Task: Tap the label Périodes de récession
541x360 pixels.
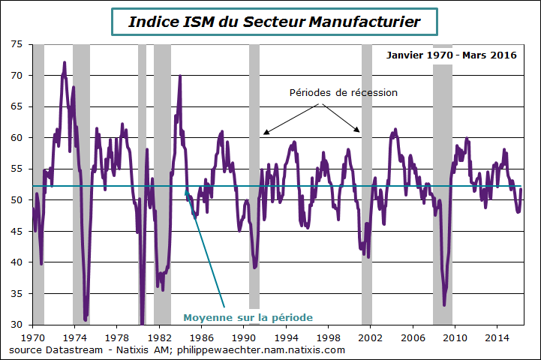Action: [343, 93]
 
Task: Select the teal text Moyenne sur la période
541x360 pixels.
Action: [248, 317]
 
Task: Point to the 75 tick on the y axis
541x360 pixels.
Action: [17, 44]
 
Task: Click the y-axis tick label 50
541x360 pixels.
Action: [17, 200]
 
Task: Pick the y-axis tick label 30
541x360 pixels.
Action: [17, 325]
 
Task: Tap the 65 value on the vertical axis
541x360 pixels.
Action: [17, 106]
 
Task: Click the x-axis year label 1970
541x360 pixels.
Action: [33, 338]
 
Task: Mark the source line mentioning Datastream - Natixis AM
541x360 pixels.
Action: [177, 349]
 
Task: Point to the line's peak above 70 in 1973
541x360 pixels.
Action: [65, 63]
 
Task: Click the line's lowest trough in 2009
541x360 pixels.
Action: [444, 304]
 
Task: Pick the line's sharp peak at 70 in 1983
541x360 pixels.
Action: [180, 76]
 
